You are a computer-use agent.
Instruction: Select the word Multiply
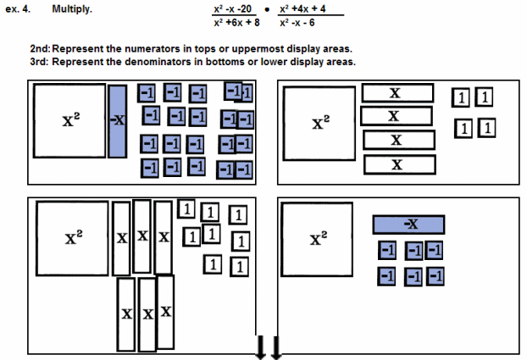point(72,10)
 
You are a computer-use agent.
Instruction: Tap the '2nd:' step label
point(40,50)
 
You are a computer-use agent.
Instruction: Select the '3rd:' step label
point(40,62)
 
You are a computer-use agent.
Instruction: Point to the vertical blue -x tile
point(118,120)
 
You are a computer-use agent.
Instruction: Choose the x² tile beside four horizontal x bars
point(319,124)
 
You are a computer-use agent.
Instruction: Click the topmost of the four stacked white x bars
point(397,92)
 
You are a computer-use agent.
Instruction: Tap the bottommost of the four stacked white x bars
point(397,164)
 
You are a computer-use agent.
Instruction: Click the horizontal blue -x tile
point(411,224)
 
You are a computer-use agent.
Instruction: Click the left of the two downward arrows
point(261,346)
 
